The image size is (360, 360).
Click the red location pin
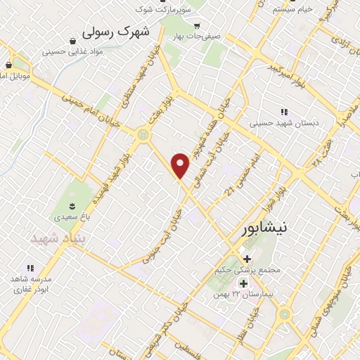[181, 165]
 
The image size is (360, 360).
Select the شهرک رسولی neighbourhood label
[117, 32]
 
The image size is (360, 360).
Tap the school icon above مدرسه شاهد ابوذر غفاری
[30, 268]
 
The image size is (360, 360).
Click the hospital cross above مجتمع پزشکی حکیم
[247, 259]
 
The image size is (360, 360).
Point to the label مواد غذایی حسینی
[74, 51]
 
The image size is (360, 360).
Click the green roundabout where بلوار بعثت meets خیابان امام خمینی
[144, 134]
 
